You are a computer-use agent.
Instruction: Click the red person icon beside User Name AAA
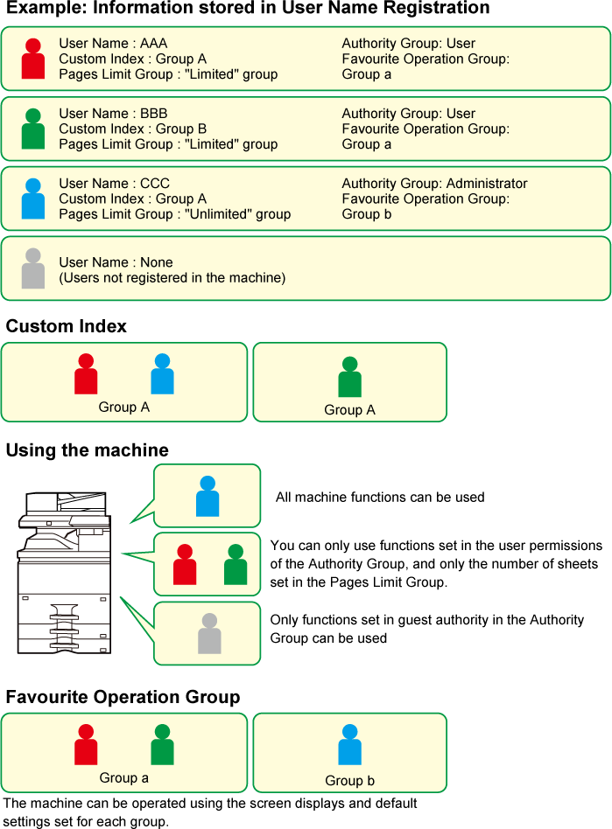32,59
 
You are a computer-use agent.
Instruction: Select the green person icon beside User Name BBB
32,129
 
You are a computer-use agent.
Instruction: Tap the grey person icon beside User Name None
32,268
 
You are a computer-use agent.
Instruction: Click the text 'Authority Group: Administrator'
434,184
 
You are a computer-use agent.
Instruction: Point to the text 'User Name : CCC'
115,184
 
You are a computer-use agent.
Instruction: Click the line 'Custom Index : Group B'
133,129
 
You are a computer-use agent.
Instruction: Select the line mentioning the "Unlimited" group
175,214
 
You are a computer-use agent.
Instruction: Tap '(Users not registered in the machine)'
172,278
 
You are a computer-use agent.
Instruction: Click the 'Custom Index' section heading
67,326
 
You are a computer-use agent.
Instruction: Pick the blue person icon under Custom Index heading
163,373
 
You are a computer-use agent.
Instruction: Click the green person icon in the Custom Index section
350,376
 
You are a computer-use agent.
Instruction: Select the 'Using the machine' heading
88,450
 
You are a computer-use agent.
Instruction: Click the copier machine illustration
65,573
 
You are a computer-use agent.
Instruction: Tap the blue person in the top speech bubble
208,496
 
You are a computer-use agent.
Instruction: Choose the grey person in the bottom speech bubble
209,633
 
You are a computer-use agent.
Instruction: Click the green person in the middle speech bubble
236,564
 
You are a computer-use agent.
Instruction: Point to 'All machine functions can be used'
380,498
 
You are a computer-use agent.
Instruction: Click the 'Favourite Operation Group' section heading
123,697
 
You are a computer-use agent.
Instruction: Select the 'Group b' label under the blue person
350,781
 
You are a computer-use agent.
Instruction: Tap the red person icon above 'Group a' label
86,744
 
